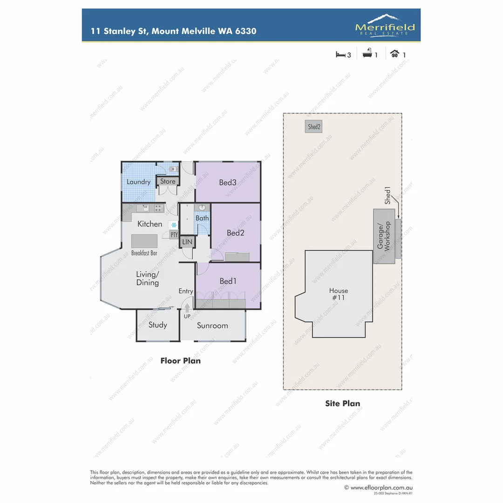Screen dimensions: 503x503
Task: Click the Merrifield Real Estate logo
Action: pyautogui.click(x=385, y=25)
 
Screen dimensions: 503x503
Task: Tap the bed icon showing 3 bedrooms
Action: pyautogui.click(x=340, y=54)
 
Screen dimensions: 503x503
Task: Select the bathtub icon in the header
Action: pyautogui.click(x=367, y=54)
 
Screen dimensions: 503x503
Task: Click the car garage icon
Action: pyautogui.click(x=394, y=54)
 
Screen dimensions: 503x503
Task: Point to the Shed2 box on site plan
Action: pyautogui.click(x=314, y=127)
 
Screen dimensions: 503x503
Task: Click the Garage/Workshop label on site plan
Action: pyautogui.click(x=384, y=236)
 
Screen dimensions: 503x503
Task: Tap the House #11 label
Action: pyautogui.click(x=338, y=294)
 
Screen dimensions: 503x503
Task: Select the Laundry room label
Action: pyautogui.click(x=138, y=182)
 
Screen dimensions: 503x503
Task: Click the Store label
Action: pyautogui.click(x=168, y=182)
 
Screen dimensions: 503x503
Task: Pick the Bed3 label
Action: pyautogui.click(x=228, y=182)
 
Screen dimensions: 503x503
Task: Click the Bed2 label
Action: pyautogui.click(x=235, y=233)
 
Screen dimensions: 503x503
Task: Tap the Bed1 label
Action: pyautogui.click(x=228, y=281)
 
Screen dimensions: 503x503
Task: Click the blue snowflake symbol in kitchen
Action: pyautogui.click(x=173, y=224)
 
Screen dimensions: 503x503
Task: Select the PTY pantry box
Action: pyautogui.click(x=174, y=235)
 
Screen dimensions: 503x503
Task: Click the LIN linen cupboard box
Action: pyautogui.click(x=187, y=242)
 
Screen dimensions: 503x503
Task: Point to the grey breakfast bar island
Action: pyautogui.click(x=144, y=241)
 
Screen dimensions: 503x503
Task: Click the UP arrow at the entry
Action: pyautogui.click(x=187, y=308)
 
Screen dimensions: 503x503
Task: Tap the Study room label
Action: pyautogui.click(x=157, y=325)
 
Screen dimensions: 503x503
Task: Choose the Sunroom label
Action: pyautogui.click(x=212, y=326)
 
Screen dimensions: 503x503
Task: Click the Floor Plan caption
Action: pyautogui.click(x=181, y=360)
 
